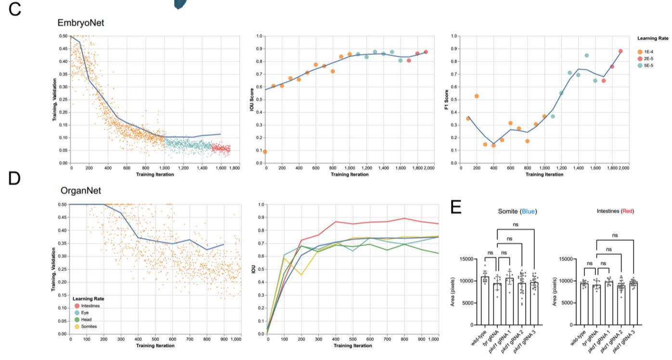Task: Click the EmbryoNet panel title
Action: (x=80, y=22)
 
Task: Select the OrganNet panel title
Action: (x=81, y=191)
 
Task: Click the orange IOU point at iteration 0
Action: (x=265, y=152)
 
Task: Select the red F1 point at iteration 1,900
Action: (x=620, y=51)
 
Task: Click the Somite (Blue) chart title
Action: (x=518, y=211)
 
